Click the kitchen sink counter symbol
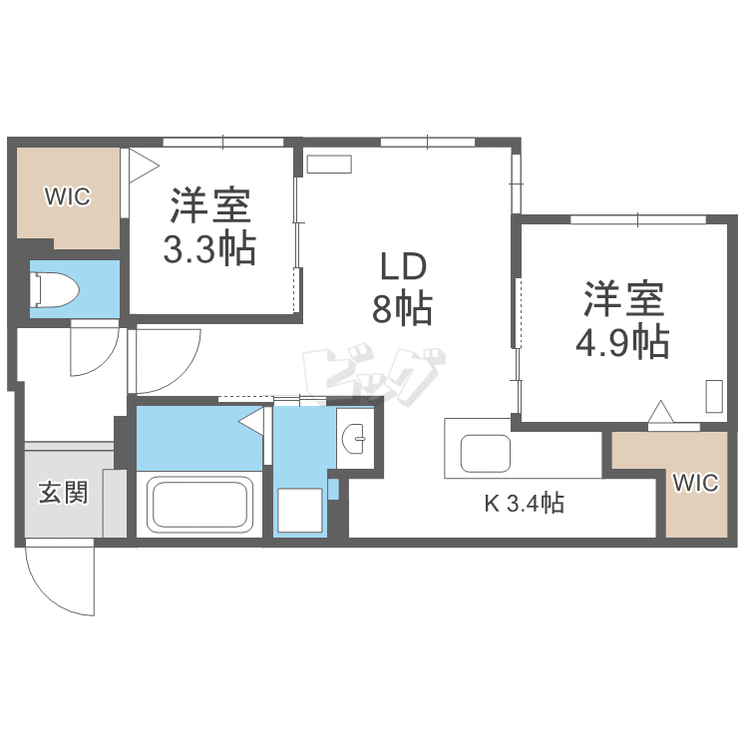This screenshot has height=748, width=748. (x=486, y=455)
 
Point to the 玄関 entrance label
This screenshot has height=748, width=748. (x=63, y=492)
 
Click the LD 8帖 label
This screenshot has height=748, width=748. (x=402, y=288)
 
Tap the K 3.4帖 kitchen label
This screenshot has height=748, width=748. (x=525, y=504)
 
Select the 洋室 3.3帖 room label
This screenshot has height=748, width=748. (x=209, y=226)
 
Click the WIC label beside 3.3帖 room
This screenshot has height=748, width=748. (x=67, y=196)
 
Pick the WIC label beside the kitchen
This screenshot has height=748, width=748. (x=695, y=484)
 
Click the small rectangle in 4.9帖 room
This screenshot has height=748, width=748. (x=715, y=396)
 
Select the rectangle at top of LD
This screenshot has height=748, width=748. (x=329, y=165)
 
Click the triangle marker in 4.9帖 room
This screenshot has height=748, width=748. (x=659, y=411)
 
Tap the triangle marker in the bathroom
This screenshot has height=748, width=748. (x=252, y=422)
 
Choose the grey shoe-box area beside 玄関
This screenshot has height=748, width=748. (x=115, y=505)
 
